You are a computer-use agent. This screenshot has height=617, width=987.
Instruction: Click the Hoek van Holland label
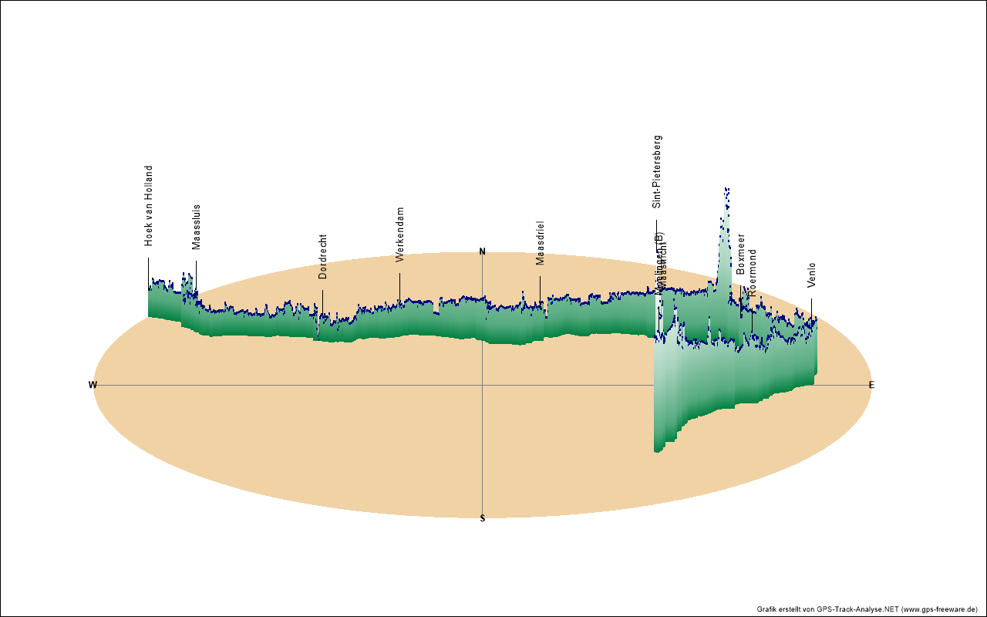click(149, 206)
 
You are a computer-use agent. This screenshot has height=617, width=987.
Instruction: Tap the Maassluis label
click(196, 227)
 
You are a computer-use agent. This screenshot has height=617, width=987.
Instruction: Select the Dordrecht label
click(322, 257)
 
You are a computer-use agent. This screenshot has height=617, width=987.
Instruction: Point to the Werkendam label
click(399, 234)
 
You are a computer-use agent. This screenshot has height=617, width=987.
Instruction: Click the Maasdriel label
click(540, 243)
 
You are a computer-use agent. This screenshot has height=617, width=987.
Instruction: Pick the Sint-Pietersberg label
click(657, 172)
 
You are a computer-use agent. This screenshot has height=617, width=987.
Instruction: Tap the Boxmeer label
click(741, 254)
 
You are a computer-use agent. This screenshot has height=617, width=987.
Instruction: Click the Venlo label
click(811, 275)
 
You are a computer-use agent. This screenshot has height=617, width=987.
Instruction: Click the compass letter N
click(483, 251)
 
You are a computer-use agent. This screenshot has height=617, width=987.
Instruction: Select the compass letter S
click(483, 518)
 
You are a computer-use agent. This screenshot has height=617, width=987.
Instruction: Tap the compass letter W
click(93, 385)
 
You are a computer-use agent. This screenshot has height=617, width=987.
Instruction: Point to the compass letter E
click(872, 385)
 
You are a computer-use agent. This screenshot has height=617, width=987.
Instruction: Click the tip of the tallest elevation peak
click(726, 188)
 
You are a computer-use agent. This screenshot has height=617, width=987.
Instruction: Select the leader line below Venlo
click(811, 307)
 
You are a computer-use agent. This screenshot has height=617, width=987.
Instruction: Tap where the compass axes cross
click(483, 385)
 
